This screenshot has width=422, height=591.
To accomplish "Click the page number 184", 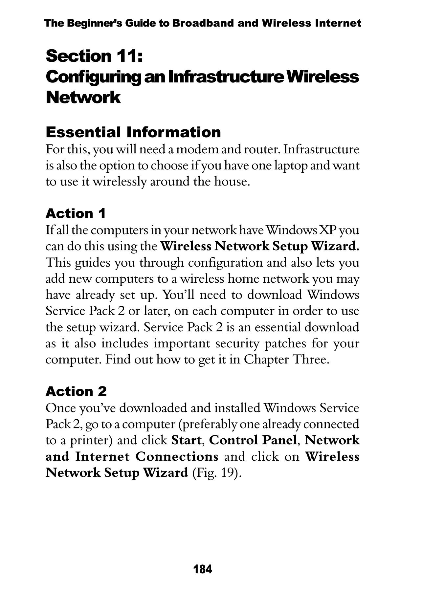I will [x=203, y=569].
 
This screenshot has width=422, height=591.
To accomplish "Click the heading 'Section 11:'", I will [x=95, y=56].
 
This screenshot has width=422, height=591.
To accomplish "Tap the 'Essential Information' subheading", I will [x=133, y=132].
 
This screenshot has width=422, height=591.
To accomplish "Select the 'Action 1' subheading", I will [x=76, y=214].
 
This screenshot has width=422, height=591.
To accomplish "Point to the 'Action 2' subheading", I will [x=76, y=391].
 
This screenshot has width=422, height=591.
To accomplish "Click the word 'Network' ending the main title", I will [x=83, y=98].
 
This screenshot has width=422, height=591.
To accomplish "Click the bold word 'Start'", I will [x=186, y=440].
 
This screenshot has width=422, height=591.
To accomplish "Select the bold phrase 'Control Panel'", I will [x=253, y=440].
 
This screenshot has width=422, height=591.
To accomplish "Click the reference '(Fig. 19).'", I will [x=216, y=473].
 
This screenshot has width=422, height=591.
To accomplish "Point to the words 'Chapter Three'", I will [x=286, y=360].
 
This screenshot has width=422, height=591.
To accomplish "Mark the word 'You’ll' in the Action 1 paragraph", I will [x=178, y=295].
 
